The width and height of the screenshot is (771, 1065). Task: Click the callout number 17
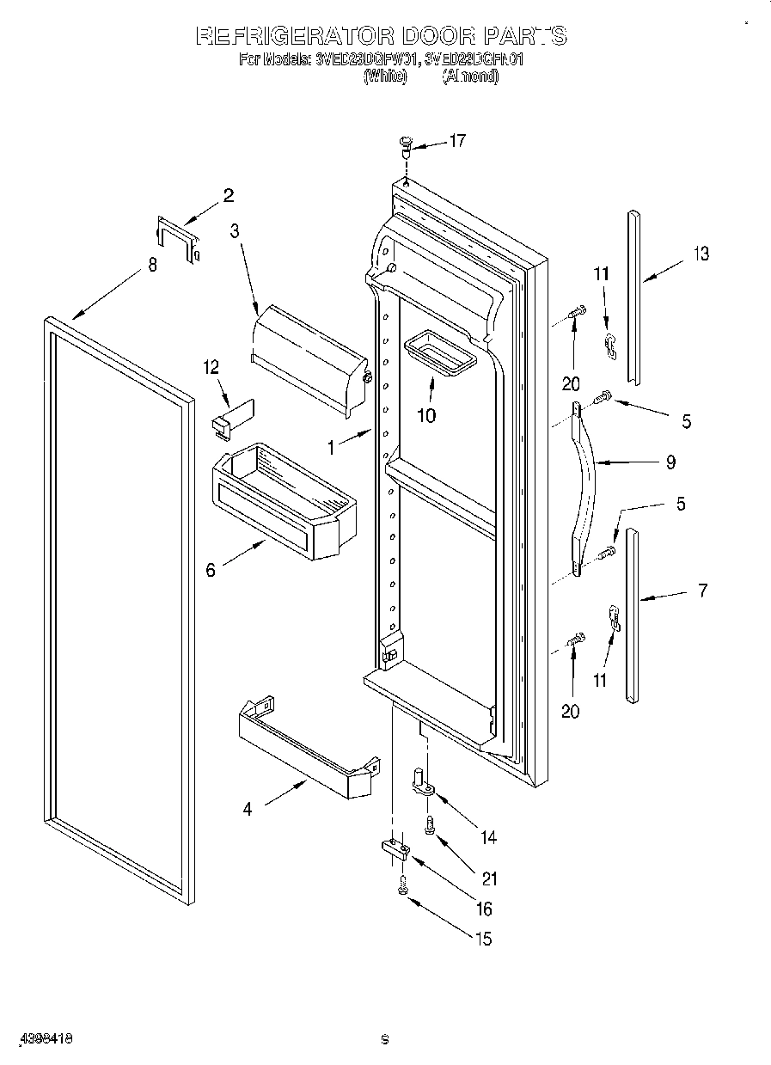457,140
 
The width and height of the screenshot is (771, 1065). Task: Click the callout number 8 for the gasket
152,266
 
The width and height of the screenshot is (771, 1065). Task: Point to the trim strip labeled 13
633,297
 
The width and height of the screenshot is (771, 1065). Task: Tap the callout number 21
489,879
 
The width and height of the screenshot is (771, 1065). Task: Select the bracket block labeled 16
395,850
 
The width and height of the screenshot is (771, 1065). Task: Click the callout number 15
483,939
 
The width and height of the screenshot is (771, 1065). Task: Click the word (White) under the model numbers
384,76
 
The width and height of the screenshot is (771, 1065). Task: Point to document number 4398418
44,1038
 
